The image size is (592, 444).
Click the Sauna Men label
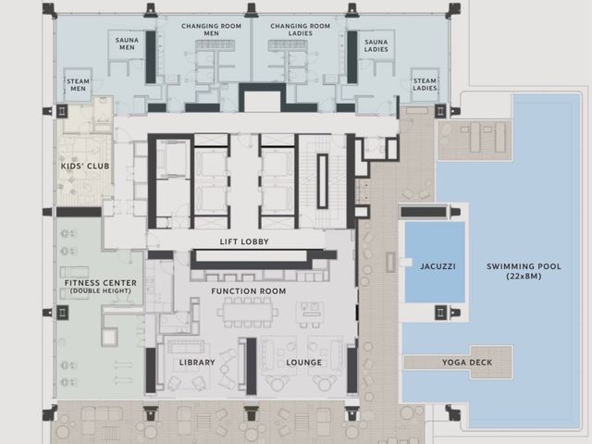127,43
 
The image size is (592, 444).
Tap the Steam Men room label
78,85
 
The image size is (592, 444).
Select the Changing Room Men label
211,30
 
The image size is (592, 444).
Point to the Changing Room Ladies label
300,30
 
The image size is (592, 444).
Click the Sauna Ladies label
376,45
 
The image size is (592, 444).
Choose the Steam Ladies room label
425,84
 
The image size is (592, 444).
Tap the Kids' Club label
85,166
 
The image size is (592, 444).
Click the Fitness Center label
101,283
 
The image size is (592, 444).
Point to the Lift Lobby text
244,241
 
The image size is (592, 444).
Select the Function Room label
249,291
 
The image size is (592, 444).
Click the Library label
197,363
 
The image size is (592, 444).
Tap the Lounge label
304,363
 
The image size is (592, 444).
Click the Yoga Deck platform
459,363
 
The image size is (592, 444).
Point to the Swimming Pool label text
524,266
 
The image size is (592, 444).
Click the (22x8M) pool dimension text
524,277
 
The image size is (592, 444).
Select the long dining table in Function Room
247,312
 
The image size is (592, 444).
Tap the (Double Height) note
101,291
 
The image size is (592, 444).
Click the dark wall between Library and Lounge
252,366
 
